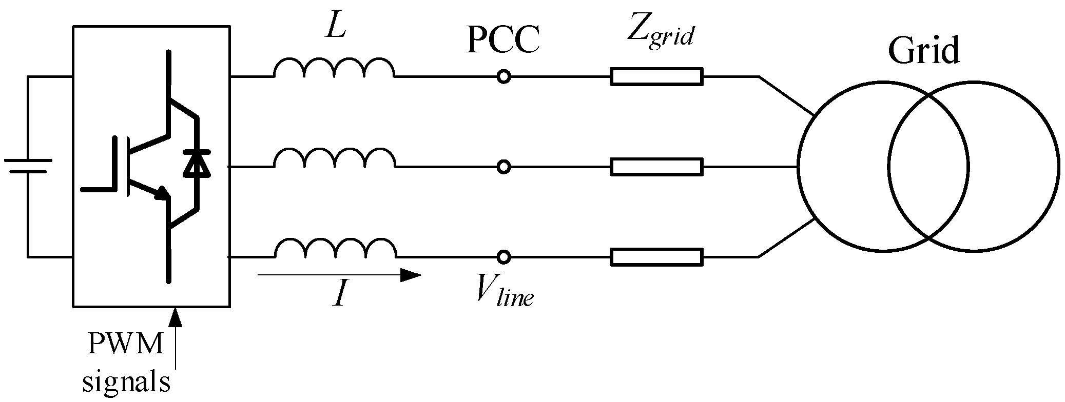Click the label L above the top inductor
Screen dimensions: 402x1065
[336, 29]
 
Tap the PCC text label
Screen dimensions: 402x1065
[502, 41]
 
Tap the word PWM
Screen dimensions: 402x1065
[126, 344]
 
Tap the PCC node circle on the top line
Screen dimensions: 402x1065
[504, 77]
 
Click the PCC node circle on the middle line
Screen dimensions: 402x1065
[504, 167]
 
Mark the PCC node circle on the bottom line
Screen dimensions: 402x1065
[504, 256]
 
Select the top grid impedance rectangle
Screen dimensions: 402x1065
[656, 77]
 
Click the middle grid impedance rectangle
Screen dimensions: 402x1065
[656, 167]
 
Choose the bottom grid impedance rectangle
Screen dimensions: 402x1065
[656, 257]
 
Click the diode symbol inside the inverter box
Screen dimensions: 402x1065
[197, 164]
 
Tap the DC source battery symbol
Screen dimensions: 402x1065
[28, 166]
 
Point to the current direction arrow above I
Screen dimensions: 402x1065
[339, 275]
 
